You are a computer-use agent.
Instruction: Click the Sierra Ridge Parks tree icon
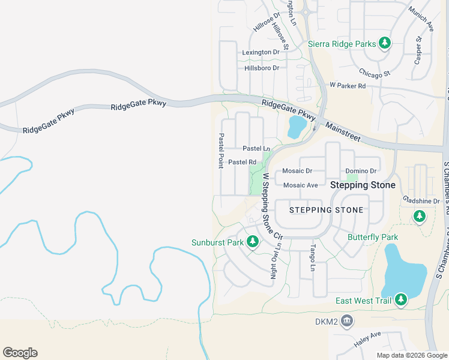pyautogui.click(x=385, y=43)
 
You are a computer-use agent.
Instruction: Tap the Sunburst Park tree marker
pyautogui.click(x=253, y=242)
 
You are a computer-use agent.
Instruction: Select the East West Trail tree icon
pyautogui.click(x=400, y=300)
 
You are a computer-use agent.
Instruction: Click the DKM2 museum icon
pyautogui.click(x=346, y=322)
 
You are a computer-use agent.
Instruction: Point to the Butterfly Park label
pyautogui.click(x=373, y=237)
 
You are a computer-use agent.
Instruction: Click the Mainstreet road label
pyautogui.click(x=343, y=133)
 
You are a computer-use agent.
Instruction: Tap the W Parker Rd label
pyautogui.click(x=348, y=86)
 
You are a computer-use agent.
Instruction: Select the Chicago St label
pyautogui.click(x=375, y=73)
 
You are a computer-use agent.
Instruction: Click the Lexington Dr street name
pyautogui.click(x=261, y=52)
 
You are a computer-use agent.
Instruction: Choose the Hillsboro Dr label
pyautogui.click(x=262, y=68)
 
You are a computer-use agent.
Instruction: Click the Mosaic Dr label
pyautogui.click(x=298, y=170)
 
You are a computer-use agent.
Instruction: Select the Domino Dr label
pyautogui.click(x=361, y=170)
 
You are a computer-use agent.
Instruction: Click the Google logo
pyautogui.click(x=20, y=353)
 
